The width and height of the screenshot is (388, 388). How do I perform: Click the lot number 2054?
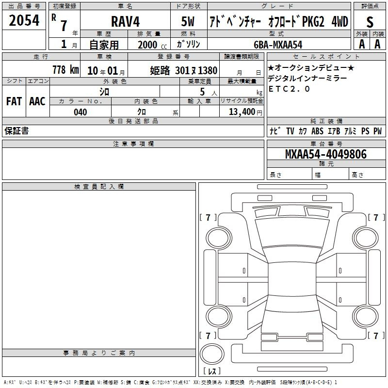pyautogui.click(x=24, y=20)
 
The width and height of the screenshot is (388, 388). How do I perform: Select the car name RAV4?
pyautogui.click(x=125, y=21)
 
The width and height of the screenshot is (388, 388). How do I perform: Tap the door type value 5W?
pyautogui.click(x=188, y=21)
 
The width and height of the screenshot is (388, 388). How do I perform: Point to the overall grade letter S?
pyautogui.click(x=370, y=22)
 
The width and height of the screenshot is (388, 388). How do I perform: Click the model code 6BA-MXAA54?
pyautogui.click(x=278, y=45)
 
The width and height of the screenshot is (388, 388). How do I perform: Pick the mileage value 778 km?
pyautogui.click(x=65, y=70)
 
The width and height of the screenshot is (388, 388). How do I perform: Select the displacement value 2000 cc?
pyautogui.click(x=152, y=45)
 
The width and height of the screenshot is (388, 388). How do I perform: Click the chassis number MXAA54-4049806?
pyautogui.click(x=326, y=154)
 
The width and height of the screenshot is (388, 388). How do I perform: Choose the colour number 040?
pyautogui.click(x=81, y=112)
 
